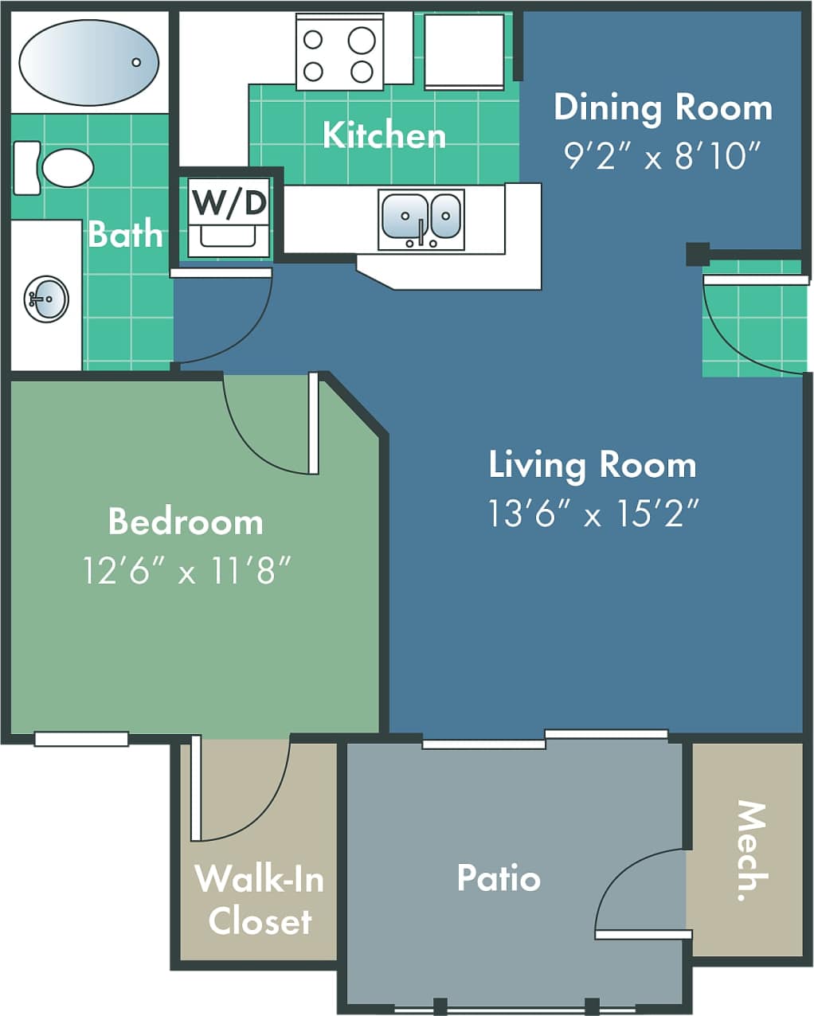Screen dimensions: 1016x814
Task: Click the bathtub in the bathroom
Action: point(88,62)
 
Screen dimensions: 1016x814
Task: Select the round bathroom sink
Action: point(46,299)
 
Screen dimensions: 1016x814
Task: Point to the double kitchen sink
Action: point(421,217)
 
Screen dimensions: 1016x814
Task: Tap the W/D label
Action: point(229,202)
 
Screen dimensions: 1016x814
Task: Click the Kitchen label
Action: point(384,135)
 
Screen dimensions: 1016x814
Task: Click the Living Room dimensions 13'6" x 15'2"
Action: point(593,514)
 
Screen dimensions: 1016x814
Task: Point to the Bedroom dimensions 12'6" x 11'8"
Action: point(186,570)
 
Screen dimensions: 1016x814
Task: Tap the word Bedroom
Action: point(186,522)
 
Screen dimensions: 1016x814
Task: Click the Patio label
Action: point(499,877)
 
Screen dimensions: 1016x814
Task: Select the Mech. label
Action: point(749,851)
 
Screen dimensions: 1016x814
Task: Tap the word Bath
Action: point(126,234)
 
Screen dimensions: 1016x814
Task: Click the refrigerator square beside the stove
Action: point(464,51)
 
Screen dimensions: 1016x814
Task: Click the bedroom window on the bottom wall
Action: point(81,739)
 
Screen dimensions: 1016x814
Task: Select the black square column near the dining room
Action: point(697,254)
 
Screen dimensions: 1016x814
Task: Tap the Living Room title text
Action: point(593,465)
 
